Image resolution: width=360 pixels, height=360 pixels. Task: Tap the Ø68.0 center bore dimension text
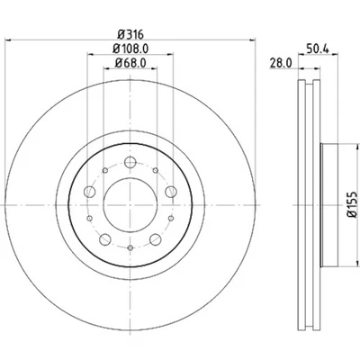click(x=131, y=63)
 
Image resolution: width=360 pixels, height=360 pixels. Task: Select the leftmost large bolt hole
click(x=89, y=191)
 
